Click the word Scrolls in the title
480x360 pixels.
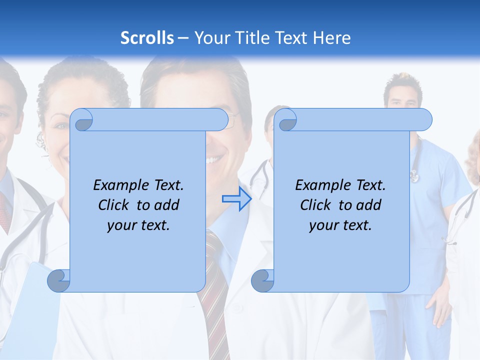[x=147, y=38]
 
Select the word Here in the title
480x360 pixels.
[x=332, y=38]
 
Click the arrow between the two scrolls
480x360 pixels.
[x=236, y=199]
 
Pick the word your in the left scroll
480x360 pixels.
[x=118, y=226]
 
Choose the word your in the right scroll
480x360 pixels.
[x=320, y=226]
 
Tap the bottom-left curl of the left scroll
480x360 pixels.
[x=58, y=281]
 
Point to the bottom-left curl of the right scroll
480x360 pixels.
[x=262, y=281]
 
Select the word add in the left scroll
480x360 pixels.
[x=166, y=205]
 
